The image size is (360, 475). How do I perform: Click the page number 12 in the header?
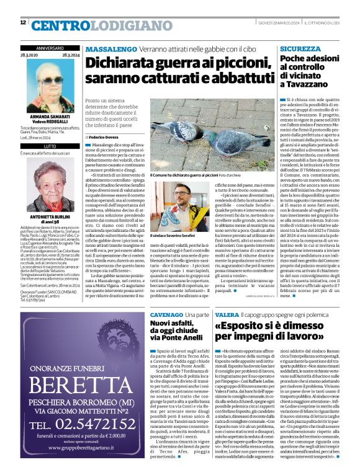(23, 23)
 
